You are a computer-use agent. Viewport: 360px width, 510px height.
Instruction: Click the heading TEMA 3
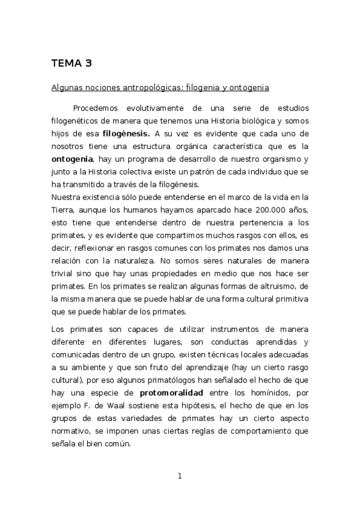click(x=72, y=63)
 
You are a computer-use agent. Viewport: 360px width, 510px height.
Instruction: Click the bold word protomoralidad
click(x=171, y=393)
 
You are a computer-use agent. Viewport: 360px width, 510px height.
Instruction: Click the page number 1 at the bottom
click(x=179, y=477)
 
